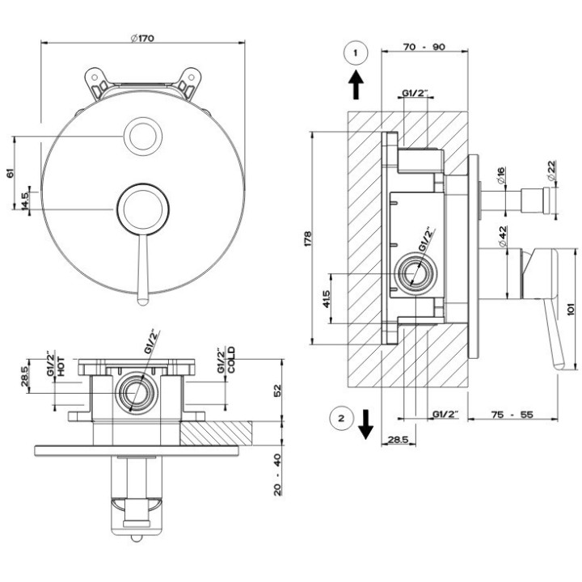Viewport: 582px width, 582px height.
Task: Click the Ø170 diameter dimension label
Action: [x=142, y=38]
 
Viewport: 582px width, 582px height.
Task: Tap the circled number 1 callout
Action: [x=356, y=53]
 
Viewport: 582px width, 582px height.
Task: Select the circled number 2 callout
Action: [x=341, y=419]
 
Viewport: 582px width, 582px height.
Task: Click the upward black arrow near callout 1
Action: [x=356, y=85]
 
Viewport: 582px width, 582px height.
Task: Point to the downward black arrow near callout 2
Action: [x=365, y=424]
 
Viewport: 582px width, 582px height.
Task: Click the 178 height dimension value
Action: [x=307, y=239]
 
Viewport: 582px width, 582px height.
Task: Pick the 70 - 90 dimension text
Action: [x=424, y=47]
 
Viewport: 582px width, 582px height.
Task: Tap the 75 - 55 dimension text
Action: [x=512, y=414]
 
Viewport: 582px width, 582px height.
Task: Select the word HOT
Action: [x=61, y=366]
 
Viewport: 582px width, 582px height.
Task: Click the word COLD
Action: [x=231, y=360]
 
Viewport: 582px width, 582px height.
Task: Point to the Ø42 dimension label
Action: [x=502, y=236]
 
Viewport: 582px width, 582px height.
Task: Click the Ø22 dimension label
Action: [x=552, y=171]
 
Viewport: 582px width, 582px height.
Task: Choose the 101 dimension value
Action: [x=571, y=309]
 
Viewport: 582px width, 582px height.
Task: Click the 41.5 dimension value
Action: [x=327, y=299]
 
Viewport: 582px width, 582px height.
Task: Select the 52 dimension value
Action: [x=277, y=391]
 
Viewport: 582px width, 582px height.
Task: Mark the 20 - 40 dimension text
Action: [x=277, y=474]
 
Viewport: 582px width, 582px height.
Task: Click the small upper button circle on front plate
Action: [x=143, y=137]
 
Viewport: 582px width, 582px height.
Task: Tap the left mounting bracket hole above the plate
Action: [x=95, y=78]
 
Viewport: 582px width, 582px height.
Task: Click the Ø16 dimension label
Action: [x=500, y=175]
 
